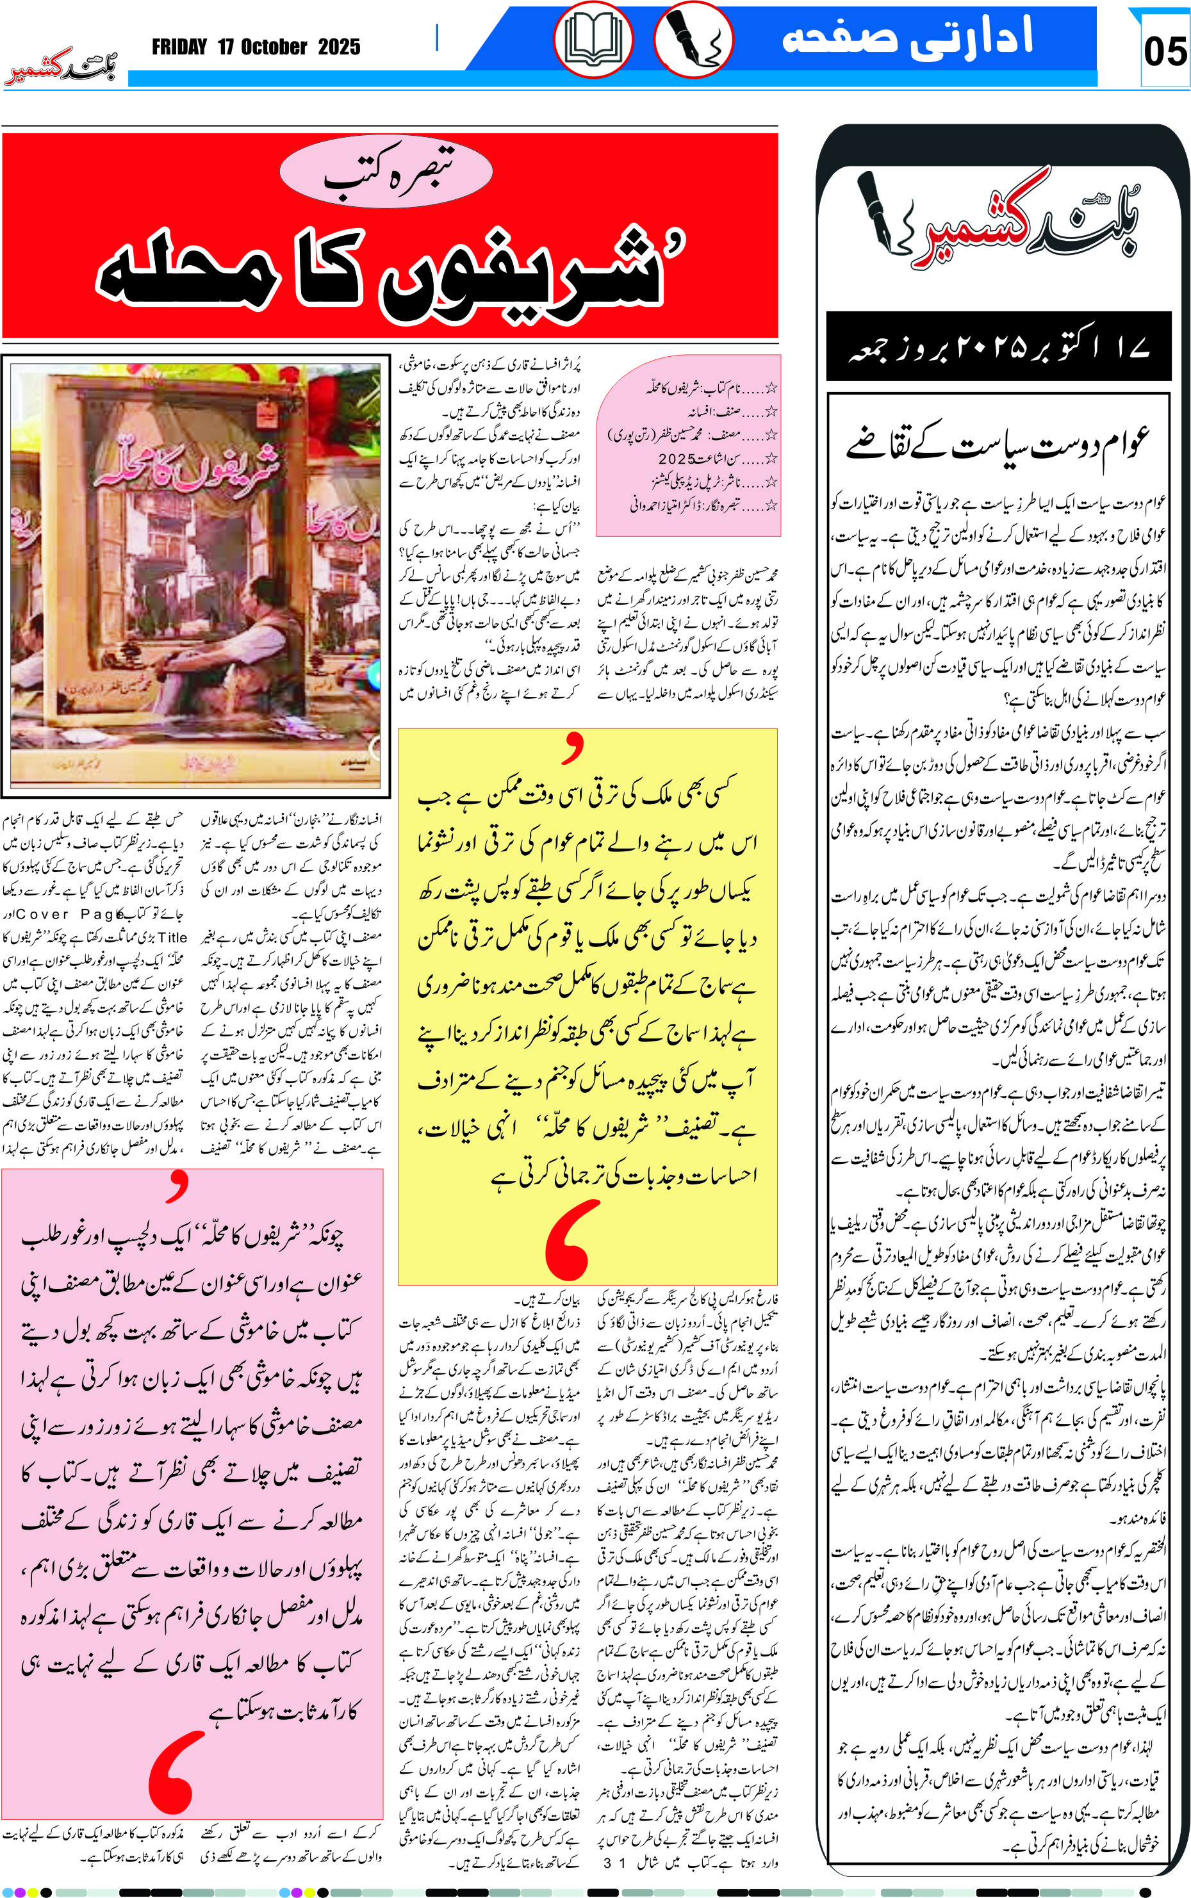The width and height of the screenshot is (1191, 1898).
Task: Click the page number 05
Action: (x=1164, y=52)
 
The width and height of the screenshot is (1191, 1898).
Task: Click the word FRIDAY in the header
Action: (x=179, y=47)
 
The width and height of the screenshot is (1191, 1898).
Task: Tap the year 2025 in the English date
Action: (x=339, y=47)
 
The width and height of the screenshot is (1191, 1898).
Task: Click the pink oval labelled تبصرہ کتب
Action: (x=386, y=172)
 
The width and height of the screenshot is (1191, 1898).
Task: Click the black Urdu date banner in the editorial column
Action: (x=998, y=347)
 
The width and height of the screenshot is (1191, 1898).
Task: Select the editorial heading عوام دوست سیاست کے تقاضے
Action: (x=998, y=443)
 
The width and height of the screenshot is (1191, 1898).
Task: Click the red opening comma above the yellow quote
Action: (x=573, y=748)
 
